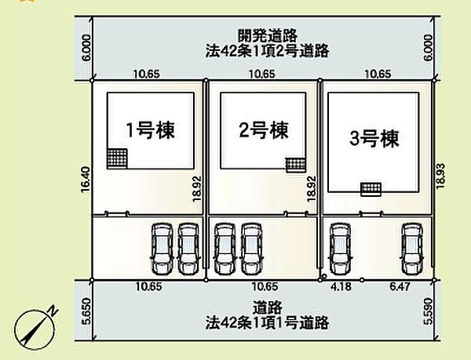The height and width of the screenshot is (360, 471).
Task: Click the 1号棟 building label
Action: (x=150, y=130)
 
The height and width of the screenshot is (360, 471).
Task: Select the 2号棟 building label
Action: (x=264, y=130)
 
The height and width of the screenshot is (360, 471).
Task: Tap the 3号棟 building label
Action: (x=374, y=139)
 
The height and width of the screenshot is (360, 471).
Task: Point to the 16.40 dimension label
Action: (x=86, y=180)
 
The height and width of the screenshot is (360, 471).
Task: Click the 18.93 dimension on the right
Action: (x=440, y=176)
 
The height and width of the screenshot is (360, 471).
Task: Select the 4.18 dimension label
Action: (x=341, y=286)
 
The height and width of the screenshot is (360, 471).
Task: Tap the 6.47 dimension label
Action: (x=400, y=286)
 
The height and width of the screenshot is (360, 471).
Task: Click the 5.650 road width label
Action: (x=86, y=311)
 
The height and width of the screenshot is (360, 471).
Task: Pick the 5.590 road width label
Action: (x=428, y=311)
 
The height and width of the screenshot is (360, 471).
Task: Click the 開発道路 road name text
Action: (x=268, y=36)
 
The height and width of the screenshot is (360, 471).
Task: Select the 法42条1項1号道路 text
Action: (x=268, y=323)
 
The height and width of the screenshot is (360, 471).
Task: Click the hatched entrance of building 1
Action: (x=117, y=158)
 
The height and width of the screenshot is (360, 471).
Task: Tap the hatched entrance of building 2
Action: (x=296, y=165)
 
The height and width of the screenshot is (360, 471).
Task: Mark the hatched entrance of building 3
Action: (x=371, y=189)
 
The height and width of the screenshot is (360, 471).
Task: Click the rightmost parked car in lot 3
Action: (x=412, y=249)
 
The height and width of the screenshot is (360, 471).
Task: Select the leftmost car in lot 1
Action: (x=162, y=249)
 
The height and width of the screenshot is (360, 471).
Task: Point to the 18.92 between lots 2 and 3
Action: (x=312, y=188)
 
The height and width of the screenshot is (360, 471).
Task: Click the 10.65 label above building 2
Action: (x=261, y=74)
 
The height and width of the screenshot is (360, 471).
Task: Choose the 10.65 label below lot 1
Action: (x=148, y=286)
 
